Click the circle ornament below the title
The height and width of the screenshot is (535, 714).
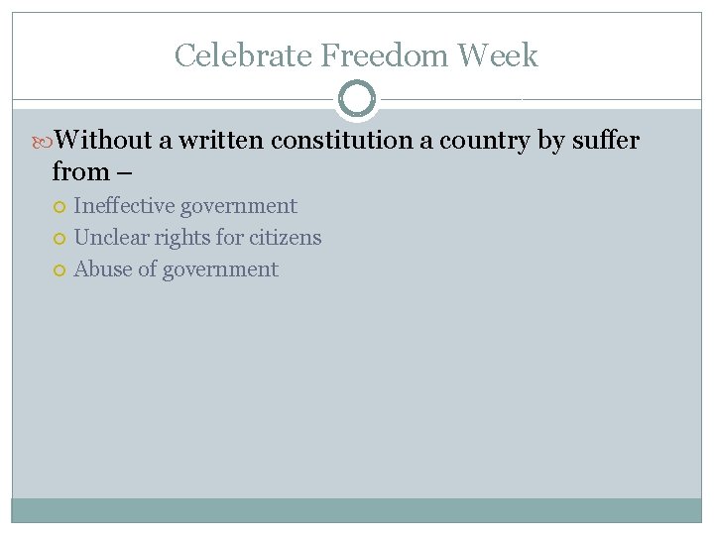[357, 99]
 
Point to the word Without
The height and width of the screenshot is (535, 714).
[103, 141]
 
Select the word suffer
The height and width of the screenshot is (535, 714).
[605, 141]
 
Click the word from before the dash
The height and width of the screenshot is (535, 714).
[79, 172]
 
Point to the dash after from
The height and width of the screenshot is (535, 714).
[124, 173]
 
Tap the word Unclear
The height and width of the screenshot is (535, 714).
[111, 238]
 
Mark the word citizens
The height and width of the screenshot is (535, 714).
[286, 238]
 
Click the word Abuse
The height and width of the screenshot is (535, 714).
[102, 269]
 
